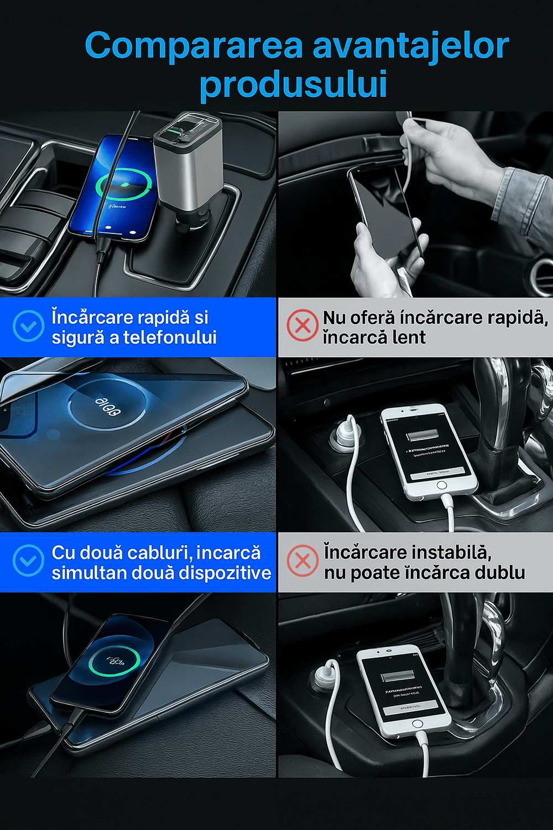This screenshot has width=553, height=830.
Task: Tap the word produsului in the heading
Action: click(x=293, y=85)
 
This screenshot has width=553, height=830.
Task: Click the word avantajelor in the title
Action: click(x=411, y=46)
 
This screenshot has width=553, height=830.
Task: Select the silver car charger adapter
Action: click(x=188, y=166)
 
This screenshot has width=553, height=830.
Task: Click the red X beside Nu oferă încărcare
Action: click(x=302, y=326)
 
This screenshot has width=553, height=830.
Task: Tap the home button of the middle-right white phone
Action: click(x=441, y=485)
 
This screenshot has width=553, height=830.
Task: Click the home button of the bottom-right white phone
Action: click(x=418, y=724)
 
